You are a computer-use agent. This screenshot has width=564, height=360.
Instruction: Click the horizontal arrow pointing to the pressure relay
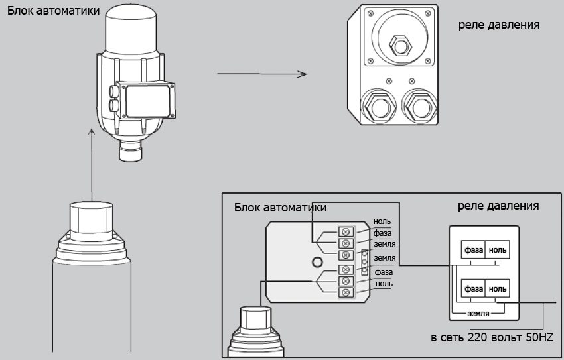[x=261, y=74]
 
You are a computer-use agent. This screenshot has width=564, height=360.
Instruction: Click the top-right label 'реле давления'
[x=498, y=25]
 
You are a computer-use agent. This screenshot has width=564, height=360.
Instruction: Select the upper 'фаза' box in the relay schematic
[x=473, y=250]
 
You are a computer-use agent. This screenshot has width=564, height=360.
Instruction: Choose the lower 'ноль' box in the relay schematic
[x=498, y=289]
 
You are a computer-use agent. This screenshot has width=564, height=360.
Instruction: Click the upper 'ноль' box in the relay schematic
[x=498, y=250]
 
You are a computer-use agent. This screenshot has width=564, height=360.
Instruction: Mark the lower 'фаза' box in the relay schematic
[x=473, y=289]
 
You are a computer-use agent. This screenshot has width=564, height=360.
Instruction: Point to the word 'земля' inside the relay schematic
[x=478, y=313]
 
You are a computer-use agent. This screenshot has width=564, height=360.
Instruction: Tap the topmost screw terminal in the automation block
[x=345, y=231]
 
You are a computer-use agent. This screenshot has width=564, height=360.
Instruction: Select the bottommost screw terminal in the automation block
[x=345, y=292]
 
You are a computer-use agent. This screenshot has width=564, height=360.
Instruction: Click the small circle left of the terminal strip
[x=318, y=261]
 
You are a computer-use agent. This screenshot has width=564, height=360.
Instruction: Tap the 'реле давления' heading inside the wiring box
[x=498, y=206]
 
